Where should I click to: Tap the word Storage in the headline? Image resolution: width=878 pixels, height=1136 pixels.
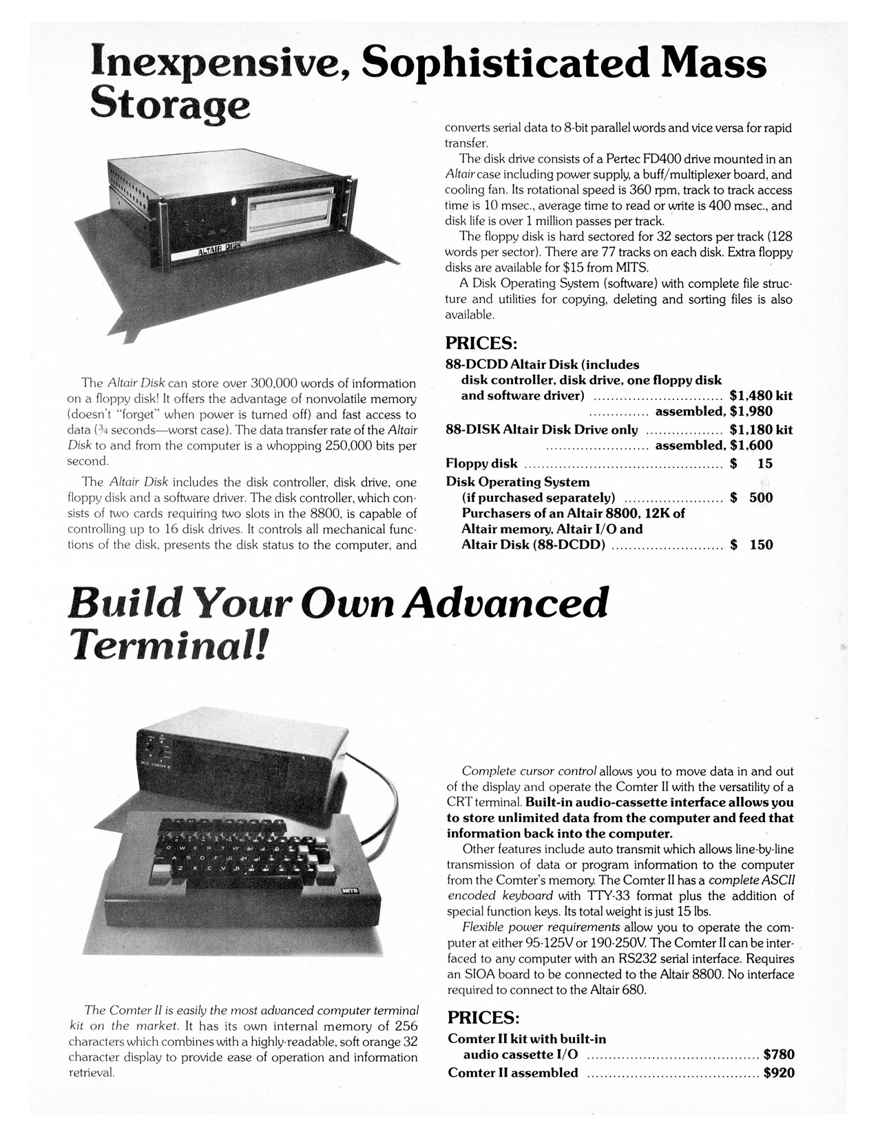point(169,105)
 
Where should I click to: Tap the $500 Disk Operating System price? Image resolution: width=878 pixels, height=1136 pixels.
point(751,498)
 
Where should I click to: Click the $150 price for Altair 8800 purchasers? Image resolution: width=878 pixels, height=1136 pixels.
point(751,545)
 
